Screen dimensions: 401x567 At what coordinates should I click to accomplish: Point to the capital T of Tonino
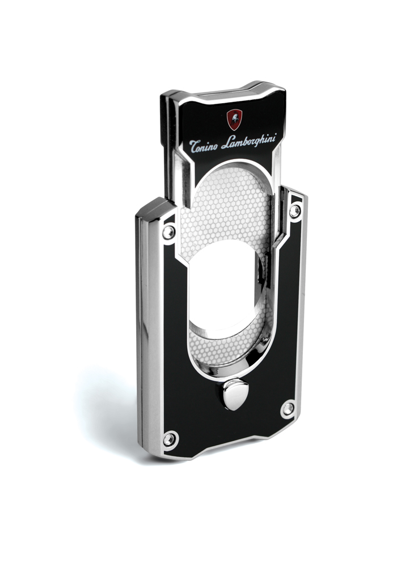tap(194, 146)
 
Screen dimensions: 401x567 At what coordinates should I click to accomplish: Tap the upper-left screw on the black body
tap(168, 232)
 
